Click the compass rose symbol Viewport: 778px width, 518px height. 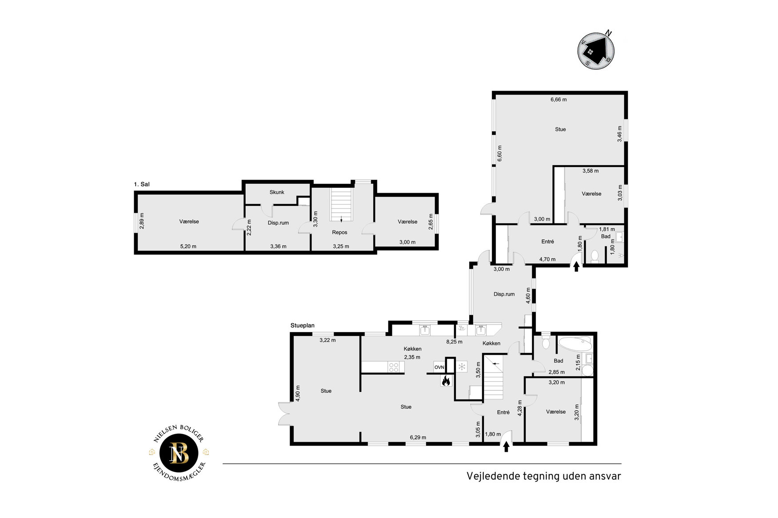pos(596,50)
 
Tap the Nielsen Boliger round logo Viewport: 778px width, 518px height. pos(179,453)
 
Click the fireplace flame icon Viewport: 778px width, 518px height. pos(446,380)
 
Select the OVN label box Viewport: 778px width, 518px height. pos(439,367)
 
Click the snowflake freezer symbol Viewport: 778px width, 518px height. pos(462,367)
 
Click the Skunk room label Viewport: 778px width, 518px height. pos(277,192)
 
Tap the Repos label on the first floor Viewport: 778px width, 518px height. pos(339,232)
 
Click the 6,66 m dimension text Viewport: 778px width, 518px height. pos(559,99)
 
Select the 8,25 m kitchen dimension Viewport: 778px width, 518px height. pos(454,342)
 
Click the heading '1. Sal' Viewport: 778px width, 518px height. pos(142,184)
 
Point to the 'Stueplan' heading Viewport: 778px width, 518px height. pos(303,325)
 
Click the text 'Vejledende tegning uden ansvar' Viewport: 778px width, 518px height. pos(543,476)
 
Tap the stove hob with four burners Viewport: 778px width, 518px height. pos(394,367)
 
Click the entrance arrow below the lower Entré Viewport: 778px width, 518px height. pos(506,447)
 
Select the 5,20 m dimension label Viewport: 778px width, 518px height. pos(188,246)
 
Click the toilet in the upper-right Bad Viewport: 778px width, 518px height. pos(595,256)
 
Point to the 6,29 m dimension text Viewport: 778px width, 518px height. pos(418,437)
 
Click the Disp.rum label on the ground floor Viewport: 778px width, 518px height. pos(504,294)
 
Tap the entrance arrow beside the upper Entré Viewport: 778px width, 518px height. pos(576,266)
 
